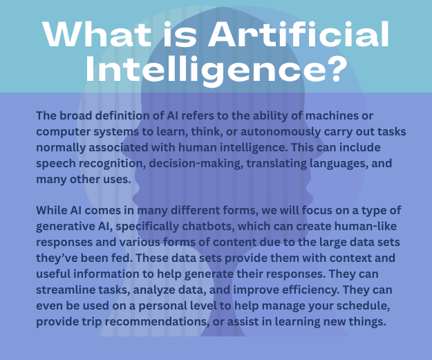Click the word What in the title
point(97,34)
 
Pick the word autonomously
point(281,132)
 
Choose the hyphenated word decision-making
point(196,164)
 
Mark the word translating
point(276,163)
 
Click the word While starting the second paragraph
point(52,211)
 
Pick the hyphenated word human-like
point(366,226)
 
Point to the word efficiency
point(311,290)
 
